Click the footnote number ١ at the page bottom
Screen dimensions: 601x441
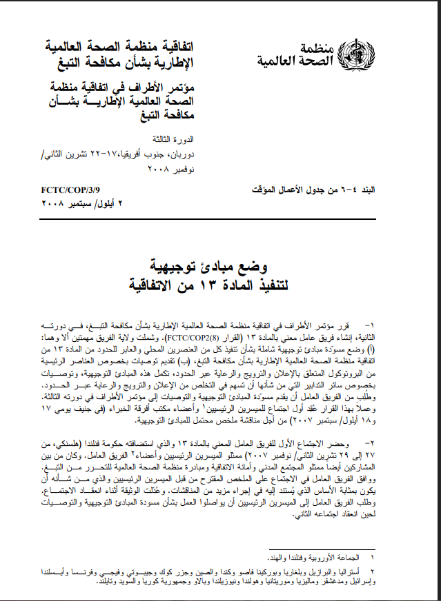point(373,556)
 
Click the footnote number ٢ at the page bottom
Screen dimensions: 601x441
point(373,571)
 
